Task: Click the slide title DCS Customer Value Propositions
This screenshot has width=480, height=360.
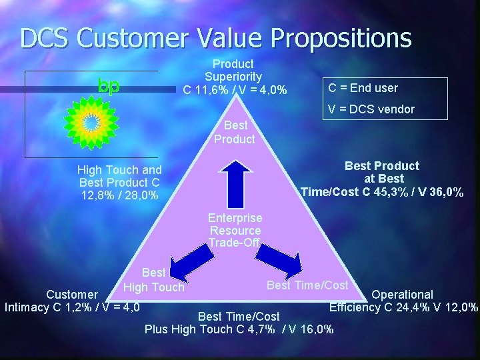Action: (x=215, y=38)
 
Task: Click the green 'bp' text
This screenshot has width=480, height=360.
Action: (x=109, y=85)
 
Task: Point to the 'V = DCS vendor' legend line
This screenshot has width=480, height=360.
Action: (x=371, y=109)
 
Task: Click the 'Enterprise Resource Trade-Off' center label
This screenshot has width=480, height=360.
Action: (x=235, y=230)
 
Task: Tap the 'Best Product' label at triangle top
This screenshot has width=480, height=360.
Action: (x=234, y=132)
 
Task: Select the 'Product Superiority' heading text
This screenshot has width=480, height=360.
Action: (x=233, y=70)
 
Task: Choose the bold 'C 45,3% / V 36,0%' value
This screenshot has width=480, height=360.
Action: (x=382, y=192)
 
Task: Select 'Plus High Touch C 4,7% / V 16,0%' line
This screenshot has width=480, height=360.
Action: (x=239, y=329)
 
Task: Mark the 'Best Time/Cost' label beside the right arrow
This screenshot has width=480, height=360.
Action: (x=307, y=285)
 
